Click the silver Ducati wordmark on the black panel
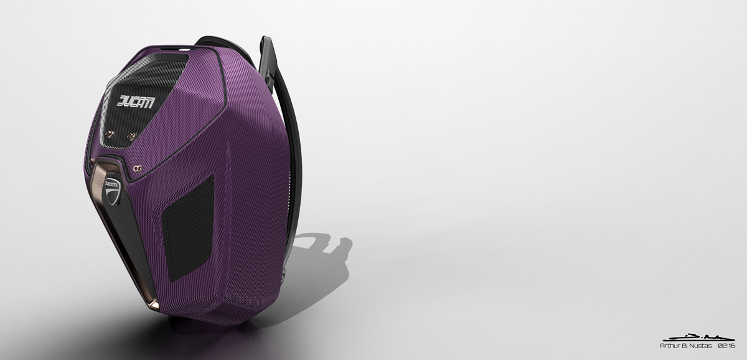(139, 102)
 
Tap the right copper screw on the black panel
(131, 135)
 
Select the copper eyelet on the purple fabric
(138, 167)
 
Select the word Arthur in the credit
(669, 345)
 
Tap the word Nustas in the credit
(700, 345)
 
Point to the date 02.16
(726, 345)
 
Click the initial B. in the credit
(684, 345)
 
